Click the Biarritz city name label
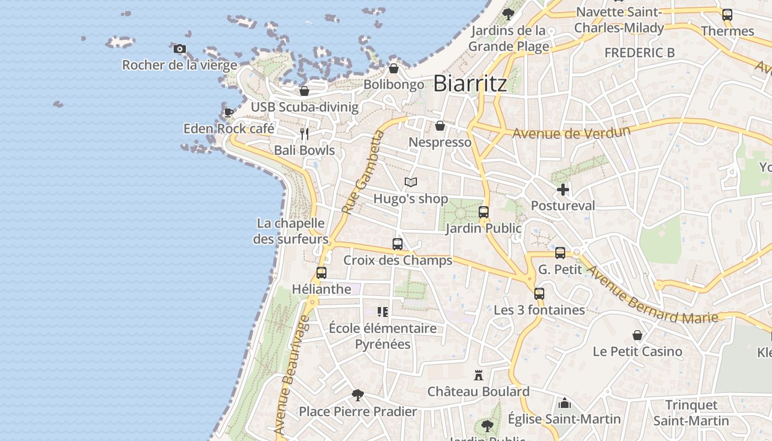(x=470, y=84)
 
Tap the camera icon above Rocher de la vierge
(x=179, y=49)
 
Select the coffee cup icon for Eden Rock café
(x=228, y=112)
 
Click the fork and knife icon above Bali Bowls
(x=304, y=134)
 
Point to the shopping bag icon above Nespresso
(x=440, y=126)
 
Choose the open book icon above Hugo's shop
(x=411, y=182)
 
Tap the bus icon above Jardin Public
(x=484, y=212)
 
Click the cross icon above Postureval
(x=563, y=190)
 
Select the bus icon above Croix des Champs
(x=398, y=244)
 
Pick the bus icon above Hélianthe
(x=321, y=272)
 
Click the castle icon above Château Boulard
(x=479, y=375)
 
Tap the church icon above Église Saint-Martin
(x=564, y=403)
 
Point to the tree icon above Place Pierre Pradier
(x=358, y=395)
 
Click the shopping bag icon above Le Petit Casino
(x=637, y=335)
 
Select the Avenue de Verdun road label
(x=571, y=132)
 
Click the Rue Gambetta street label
(x=362, y=173)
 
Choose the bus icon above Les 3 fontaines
(x=539, y=294)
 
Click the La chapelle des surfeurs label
(x=291, y=232)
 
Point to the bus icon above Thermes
(x=727, y=15)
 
